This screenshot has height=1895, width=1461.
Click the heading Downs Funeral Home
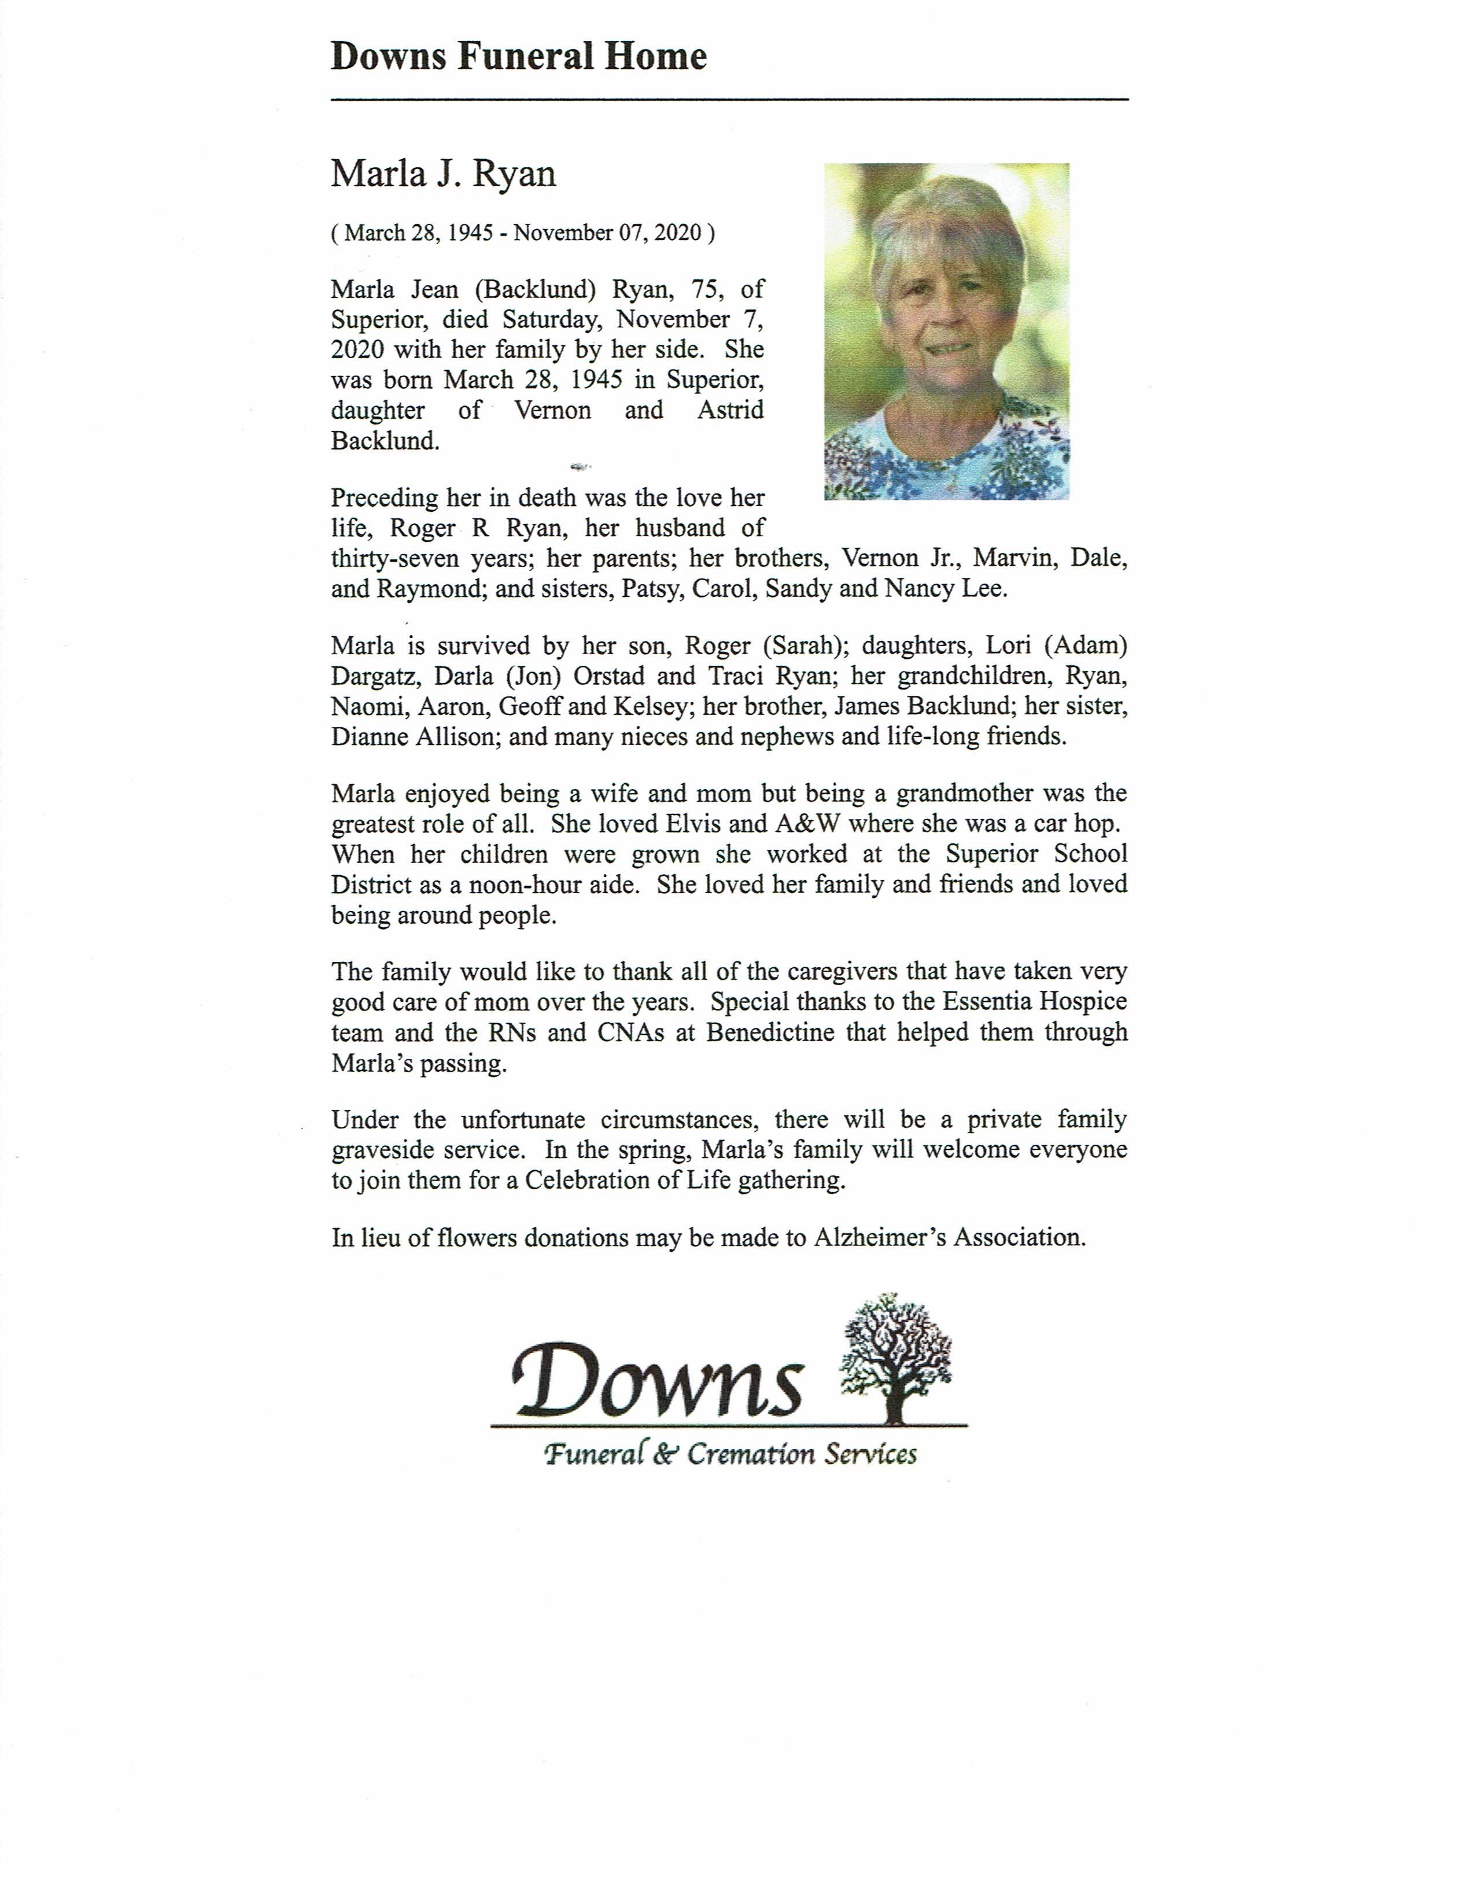click(x=519, y=57)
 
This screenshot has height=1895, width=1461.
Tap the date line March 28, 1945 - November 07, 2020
click(x=523, y=234)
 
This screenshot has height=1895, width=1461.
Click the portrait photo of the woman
click(x=946, y=331)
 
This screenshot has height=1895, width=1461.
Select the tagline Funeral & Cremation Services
click(x=730, y=1454)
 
